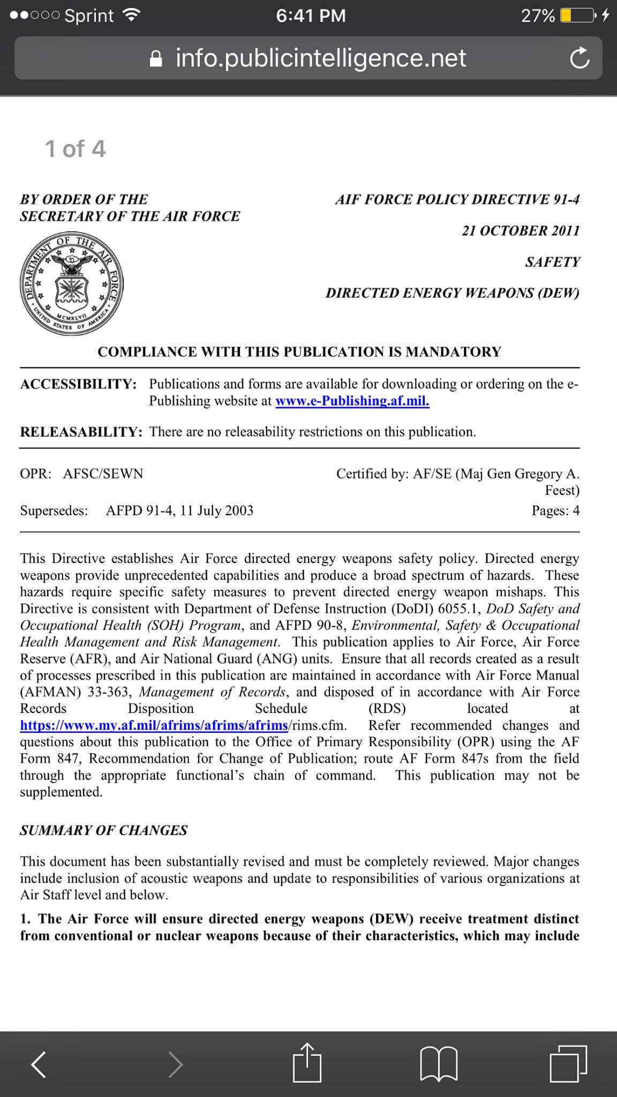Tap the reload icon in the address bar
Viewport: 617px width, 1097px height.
[x=580, y=59]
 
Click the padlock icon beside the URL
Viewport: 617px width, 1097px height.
[x=156, y=59]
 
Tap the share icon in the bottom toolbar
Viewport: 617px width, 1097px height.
[x=307, y=1062]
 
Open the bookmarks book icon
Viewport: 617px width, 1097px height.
[x=439, y=1063]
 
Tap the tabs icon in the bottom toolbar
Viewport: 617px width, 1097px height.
[x=568, y=1063]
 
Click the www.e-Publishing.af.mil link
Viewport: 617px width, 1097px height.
[x=352, y=401]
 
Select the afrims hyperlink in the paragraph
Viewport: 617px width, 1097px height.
[x=154, y=726]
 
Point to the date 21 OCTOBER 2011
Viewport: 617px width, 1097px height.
[x=521, y=231]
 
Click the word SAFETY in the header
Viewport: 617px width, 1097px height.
[x=553, y=262]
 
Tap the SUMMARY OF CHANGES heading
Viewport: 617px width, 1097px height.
[x=104, y=830]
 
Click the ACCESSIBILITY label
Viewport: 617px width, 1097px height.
[x=78, y=384]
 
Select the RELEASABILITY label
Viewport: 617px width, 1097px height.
[x=81, y=432]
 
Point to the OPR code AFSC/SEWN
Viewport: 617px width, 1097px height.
[x=103, y=474]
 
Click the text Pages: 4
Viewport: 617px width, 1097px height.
[x=555, y=510]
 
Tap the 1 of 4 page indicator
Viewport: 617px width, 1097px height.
[x=75, y=148]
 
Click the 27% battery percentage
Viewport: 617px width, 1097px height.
[x=538, y=16]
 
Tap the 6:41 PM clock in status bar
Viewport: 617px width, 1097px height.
[x=311, y=16]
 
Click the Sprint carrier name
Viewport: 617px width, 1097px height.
[x=89, y=16]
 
